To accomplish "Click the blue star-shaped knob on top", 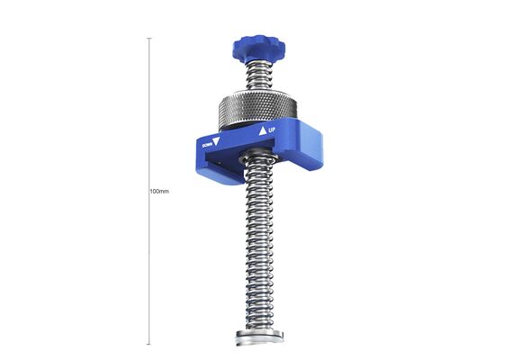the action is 258,49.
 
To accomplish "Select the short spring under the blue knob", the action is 258,76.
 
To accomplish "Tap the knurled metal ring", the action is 258,109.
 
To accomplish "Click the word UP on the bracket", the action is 272,130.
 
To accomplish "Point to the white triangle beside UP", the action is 263,131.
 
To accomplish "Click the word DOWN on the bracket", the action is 207,145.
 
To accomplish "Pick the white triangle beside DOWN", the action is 216,141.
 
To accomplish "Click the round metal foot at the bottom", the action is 259,337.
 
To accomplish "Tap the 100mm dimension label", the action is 159,191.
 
